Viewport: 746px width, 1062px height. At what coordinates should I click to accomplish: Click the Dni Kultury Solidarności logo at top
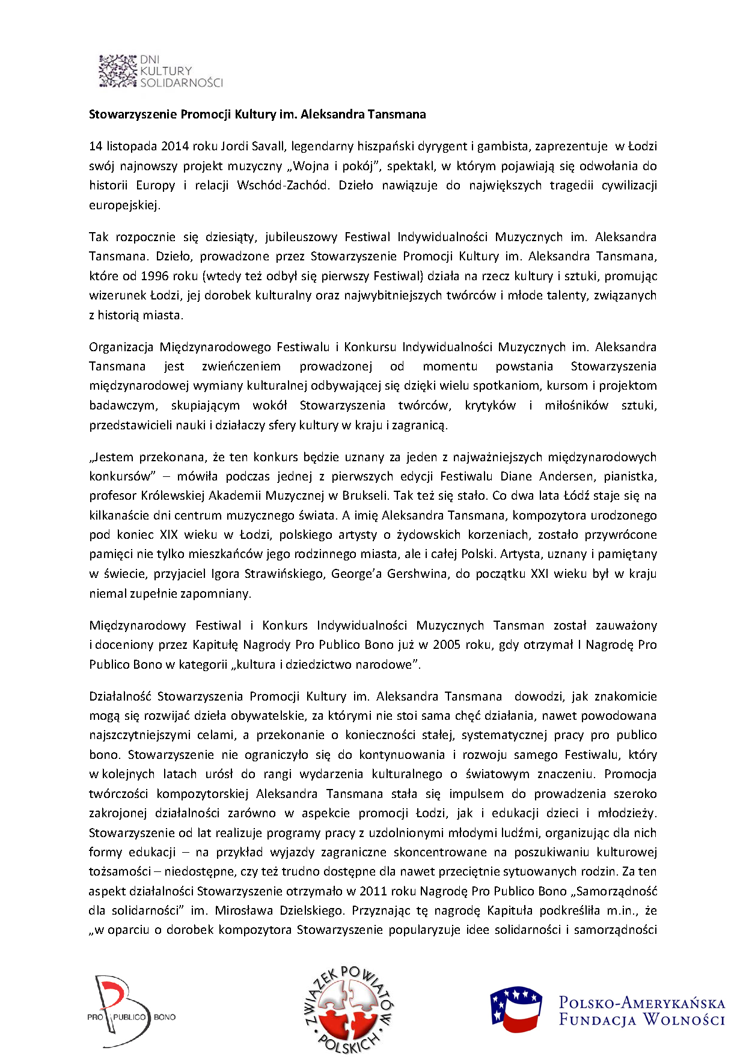point(160,71)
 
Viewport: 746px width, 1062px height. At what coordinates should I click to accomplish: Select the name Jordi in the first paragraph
point(233,146)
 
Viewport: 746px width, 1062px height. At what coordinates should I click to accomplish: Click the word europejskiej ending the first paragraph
point(124,205)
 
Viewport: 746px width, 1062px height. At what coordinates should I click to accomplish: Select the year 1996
point(154,276)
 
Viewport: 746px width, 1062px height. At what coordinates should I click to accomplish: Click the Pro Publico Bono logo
point(132,1011)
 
